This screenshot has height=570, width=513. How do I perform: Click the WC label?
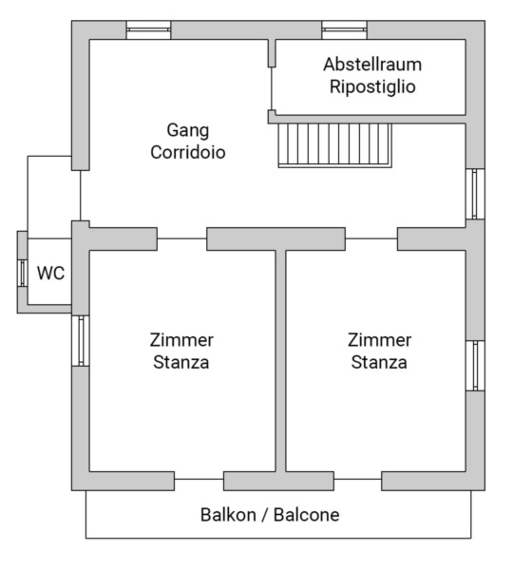tap(50, 273)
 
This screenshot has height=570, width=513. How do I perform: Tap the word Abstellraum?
tap(372, 65)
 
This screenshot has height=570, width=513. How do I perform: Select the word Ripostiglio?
tap(372, 87)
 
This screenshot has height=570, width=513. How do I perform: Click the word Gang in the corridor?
tap(187, 130)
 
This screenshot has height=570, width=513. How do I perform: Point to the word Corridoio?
tap(187, 152)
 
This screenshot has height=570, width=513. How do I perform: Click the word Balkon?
tap(228, 515)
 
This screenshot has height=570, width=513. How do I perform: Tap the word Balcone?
tap(306, 515)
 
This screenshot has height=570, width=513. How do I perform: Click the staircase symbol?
tap(334, 145)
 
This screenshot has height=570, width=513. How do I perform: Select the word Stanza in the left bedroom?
tap(181, 363)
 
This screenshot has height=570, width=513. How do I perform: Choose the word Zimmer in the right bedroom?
tap(379, 340)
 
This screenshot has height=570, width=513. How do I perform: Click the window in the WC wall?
tap(23, 273)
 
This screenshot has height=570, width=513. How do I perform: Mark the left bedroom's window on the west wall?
tap(81, 341)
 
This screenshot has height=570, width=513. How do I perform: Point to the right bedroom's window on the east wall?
tap(476, 366)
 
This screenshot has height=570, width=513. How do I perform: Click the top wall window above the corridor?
tap(148, 30)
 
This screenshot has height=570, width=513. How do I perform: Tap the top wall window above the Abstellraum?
tap(344, 30)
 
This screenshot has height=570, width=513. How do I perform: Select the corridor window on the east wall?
tap(476, 194)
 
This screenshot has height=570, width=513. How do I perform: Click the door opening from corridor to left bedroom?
tap(181, 238)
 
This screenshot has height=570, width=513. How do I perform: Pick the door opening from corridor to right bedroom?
tap(371, 238)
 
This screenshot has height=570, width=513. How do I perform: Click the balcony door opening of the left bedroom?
tap(199, 480)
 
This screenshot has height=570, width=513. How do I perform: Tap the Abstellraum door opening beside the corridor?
tap(272, 88)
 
